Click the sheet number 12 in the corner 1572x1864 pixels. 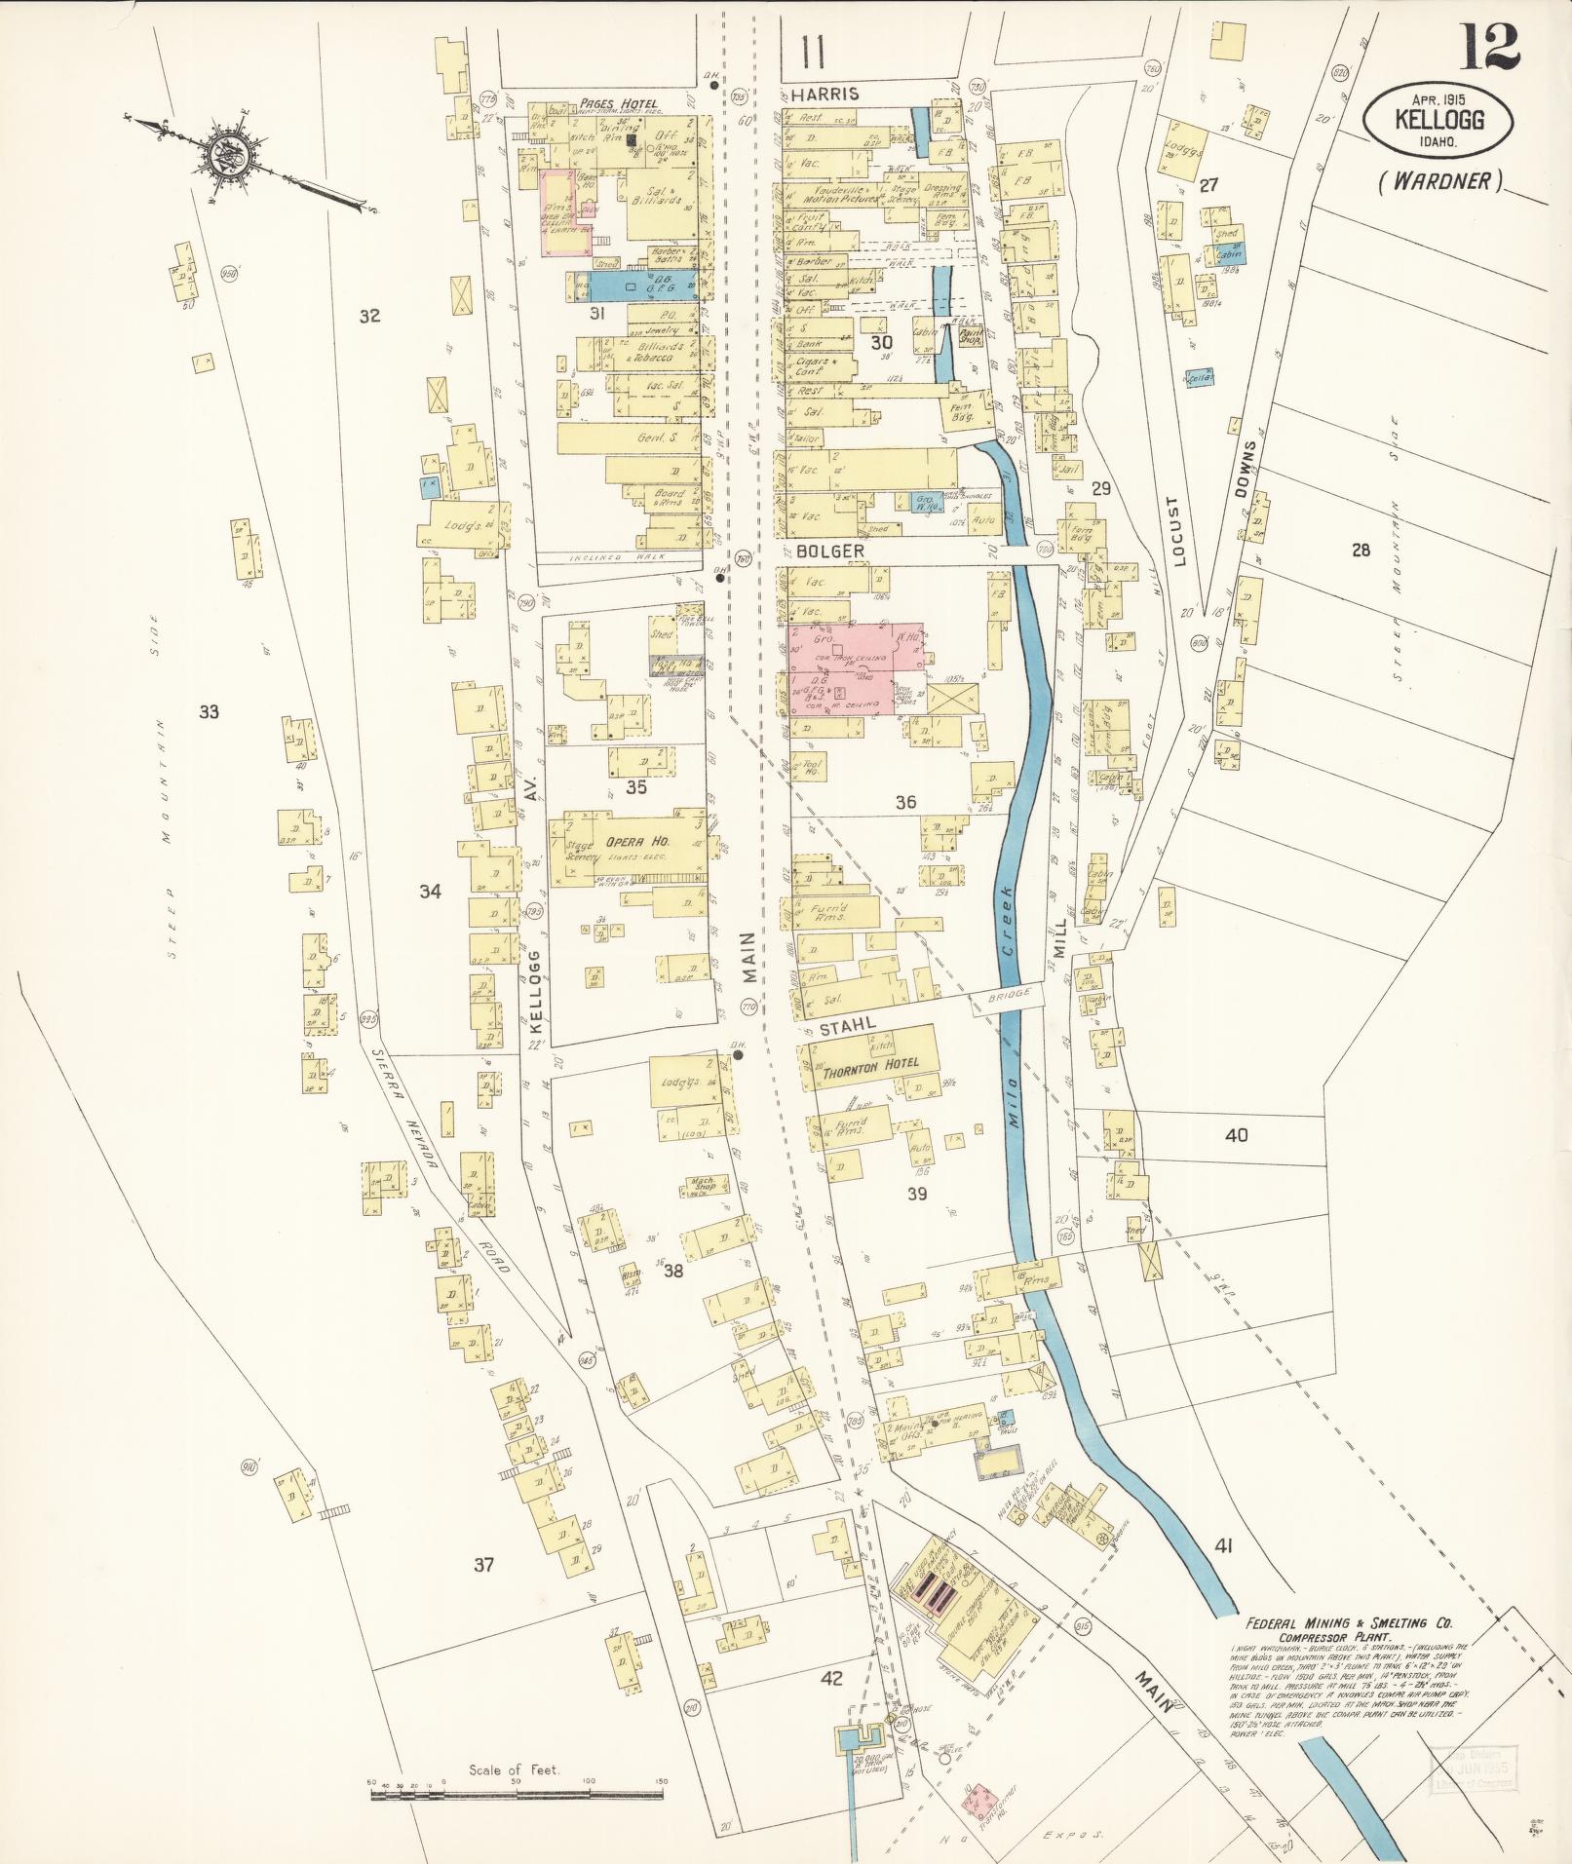point(1488,46)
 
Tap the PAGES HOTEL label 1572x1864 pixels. point(617,103)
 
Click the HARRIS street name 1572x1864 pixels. point(825,94)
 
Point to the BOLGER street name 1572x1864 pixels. point(830,551)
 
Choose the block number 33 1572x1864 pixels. point(209,711)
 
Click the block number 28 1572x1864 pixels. point(1360,551)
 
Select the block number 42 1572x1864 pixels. point(831,1679)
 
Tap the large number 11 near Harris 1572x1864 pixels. point(809,52)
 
